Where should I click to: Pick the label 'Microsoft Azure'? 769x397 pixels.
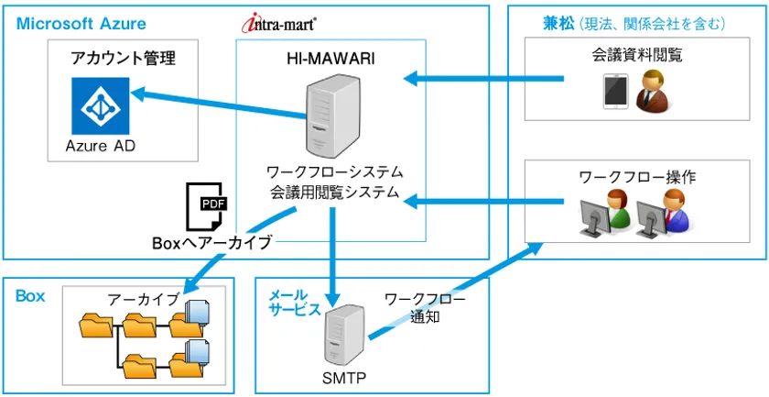81,23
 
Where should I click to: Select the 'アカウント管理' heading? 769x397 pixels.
123,60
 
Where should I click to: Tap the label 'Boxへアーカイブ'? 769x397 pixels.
212,243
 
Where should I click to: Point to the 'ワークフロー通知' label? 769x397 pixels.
425,308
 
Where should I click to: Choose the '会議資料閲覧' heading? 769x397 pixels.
637,56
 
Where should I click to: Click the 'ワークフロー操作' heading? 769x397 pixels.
637,176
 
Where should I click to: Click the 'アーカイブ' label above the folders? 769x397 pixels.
144,299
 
